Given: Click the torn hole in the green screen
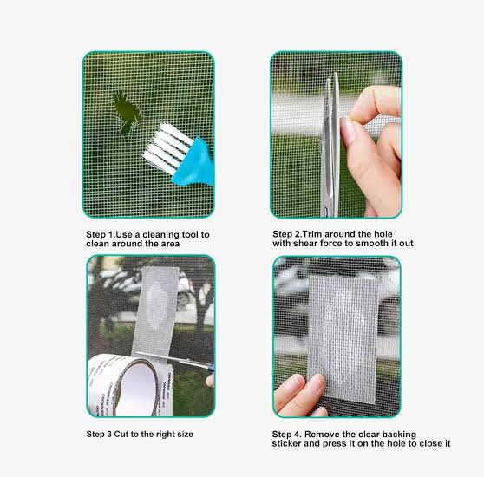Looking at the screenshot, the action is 127,113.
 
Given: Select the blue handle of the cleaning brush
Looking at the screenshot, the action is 194,163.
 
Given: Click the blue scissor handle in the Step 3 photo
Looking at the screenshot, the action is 211,368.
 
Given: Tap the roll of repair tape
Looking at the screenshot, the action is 129,386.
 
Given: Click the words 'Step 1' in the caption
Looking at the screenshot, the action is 100,235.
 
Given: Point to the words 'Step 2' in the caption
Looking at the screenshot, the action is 286,234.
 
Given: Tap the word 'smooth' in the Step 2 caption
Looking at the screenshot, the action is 373,244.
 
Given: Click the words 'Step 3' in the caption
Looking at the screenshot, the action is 99,435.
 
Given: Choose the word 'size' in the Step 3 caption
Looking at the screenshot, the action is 186,435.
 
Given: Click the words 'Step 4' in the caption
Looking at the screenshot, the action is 286,435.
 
